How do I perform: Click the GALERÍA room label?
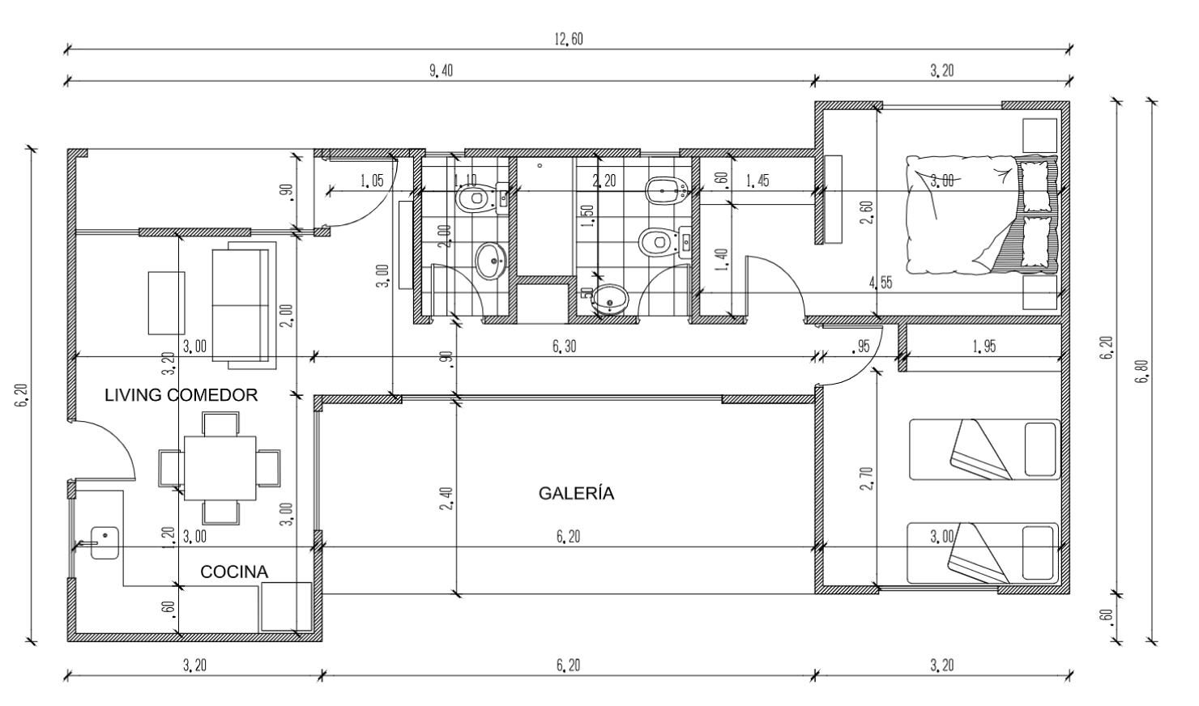tap(576, 493)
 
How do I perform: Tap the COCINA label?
tap(234, 572)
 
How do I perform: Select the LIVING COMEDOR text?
tap(181, 395)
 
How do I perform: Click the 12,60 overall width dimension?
tap(569, 39)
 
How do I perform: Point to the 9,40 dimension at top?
tap(441, 70)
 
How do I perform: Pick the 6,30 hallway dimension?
tap(565, 347)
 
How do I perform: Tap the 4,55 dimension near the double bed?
tap(881, 283)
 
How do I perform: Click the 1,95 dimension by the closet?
tap(984, 347)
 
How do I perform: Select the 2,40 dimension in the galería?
tap(446, 498)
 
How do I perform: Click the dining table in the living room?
tap(220, 468)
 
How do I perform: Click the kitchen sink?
tap(105, 541)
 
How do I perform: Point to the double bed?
tap(981, 214)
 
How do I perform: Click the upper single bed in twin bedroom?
tap(984, 449)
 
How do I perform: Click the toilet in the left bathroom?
tap(475, 198)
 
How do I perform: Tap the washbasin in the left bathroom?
tap(491, 261)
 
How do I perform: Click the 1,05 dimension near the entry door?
tap(372, 181)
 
